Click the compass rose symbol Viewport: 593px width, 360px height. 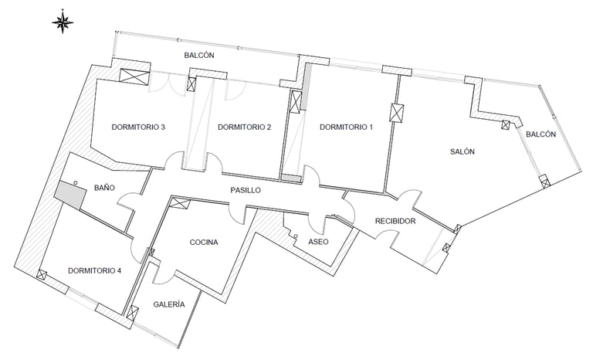coord(63,22)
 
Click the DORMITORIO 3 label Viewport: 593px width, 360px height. coord(138,127)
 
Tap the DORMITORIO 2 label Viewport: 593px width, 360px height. coord(244,127)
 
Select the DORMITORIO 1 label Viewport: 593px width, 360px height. coord(346,127)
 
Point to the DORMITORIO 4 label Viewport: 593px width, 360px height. coord(94,270)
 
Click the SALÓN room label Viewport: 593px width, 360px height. coord(463,151)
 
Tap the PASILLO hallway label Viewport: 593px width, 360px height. coord(246,189)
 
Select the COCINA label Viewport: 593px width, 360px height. coord(204,242)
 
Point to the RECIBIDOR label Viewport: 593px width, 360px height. coord(395,222)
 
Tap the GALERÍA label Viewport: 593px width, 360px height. coord(169,304)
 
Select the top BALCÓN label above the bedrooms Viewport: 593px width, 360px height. coord(198,56)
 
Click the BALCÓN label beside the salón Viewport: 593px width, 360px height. coord(540,134)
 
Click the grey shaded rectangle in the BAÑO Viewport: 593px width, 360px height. coord(69,195)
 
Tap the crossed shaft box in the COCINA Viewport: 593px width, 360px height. coord(178,204)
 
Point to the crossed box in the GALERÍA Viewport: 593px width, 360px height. coord(133,314)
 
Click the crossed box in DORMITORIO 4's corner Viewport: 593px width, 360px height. coord(41,274)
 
